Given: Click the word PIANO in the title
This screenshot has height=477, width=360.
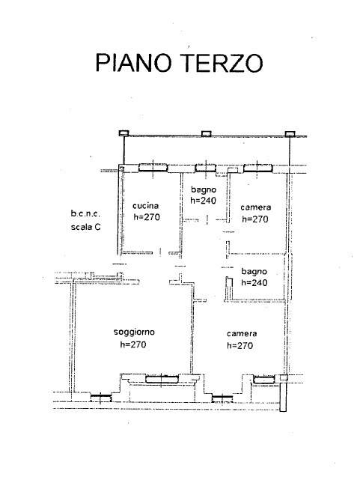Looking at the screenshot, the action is [134, 63].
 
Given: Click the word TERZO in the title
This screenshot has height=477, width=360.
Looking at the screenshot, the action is [222, 63].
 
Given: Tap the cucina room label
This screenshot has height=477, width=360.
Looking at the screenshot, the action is [146, 206].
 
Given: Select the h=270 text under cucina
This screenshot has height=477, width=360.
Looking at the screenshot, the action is [147, 217].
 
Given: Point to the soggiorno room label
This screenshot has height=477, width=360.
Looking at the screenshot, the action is [134, 332].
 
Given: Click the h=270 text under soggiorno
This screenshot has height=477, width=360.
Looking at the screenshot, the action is [133, 344].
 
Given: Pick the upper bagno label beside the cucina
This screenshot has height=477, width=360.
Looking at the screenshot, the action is [204, 190].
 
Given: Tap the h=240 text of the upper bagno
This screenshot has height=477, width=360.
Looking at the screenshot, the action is [203, 200].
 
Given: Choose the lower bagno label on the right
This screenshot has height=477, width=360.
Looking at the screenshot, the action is [254, 272].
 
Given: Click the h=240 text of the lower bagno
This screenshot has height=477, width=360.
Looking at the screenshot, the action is [254, 282].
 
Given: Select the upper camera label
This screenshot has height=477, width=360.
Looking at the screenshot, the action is [255, 207].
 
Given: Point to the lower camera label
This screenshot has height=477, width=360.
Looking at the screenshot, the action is [242, 334].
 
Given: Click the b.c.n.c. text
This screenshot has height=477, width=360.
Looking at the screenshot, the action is [85, 213].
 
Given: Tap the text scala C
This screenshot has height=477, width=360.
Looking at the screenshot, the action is [85, 227].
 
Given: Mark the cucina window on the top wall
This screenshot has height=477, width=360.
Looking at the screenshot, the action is [153, 168].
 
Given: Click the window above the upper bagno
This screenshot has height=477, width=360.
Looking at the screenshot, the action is [205, 168].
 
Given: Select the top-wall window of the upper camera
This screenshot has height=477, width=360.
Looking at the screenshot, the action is [257, 168].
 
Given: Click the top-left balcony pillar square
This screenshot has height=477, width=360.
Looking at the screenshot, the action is [123, 133].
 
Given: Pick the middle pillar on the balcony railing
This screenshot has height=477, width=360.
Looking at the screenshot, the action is [206, 133].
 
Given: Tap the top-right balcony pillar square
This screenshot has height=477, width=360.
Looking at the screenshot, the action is [290, 134].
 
